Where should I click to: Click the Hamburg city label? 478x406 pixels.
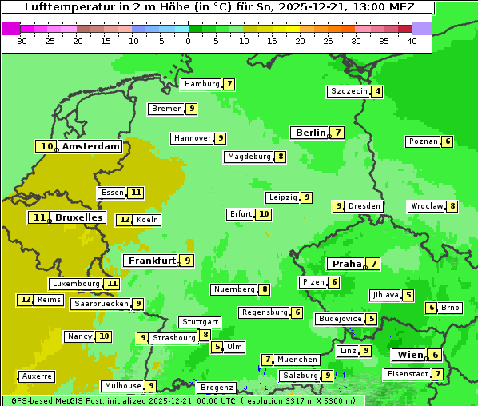pos(201,84)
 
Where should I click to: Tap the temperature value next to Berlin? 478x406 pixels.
pos(338,133)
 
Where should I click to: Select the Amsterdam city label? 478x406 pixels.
pos(91,146)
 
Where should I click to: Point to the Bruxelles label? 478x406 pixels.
pos(78,217)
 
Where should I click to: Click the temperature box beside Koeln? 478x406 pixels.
pos(124,220)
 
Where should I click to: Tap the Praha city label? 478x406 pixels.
pos(347,264)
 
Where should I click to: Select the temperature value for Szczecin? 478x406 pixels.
pos(377,91)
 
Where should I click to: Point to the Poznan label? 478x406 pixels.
pos(423,141)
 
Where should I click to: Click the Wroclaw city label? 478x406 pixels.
pos(427,206)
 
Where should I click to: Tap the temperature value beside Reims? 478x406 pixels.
pos(26,300)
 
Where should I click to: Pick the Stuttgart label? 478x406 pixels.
pos(200,322)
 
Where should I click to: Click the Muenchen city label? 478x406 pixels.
pos(297,360)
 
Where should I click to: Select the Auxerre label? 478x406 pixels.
pos(38,376)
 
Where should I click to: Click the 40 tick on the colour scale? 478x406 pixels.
pos(412,42)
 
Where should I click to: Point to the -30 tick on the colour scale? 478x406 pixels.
pos(21,42)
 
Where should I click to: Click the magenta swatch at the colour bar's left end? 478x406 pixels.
pos(10,28)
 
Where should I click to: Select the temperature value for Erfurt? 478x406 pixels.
pos(264,214)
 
